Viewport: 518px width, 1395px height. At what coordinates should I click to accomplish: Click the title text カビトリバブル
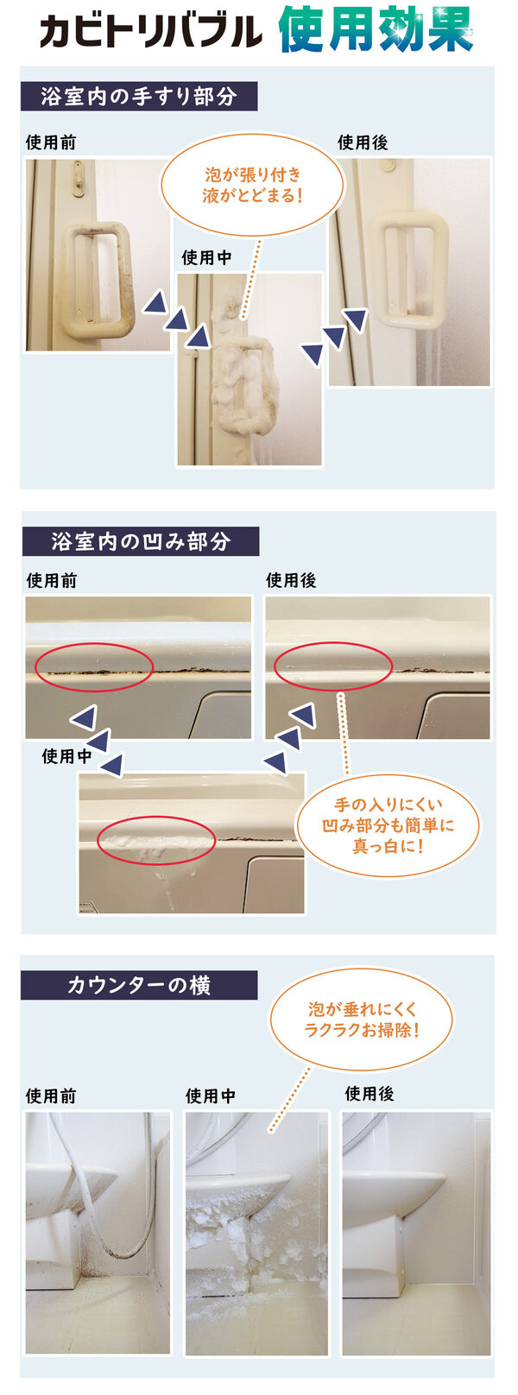(150, 30)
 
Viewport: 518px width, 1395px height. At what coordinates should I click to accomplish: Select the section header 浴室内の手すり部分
(139, 97)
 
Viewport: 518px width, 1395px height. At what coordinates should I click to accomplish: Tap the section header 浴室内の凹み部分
(140, 541)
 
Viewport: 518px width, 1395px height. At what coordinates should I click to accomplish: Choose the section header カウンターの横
(139, 985)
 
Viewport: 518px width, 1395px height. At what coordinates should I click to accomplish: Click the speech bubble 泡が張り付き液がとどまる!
(252, 185)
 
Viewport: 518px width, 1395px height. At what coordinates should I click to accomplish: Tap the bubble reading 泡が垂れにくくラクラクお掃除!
(361, 1019)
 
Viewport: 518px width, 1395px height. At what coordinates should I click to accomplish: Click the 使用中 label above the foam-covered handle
(206, 257)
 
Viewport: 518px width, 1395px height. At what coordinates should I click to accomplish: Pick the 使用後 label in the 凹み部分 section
(291, 580)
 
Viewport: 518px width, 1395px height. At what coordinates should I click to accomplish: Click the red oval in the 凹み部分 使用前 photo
(94, 667)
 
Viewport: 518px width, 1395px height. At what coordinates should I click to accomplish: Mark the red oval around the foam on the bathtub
(156, 840)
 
